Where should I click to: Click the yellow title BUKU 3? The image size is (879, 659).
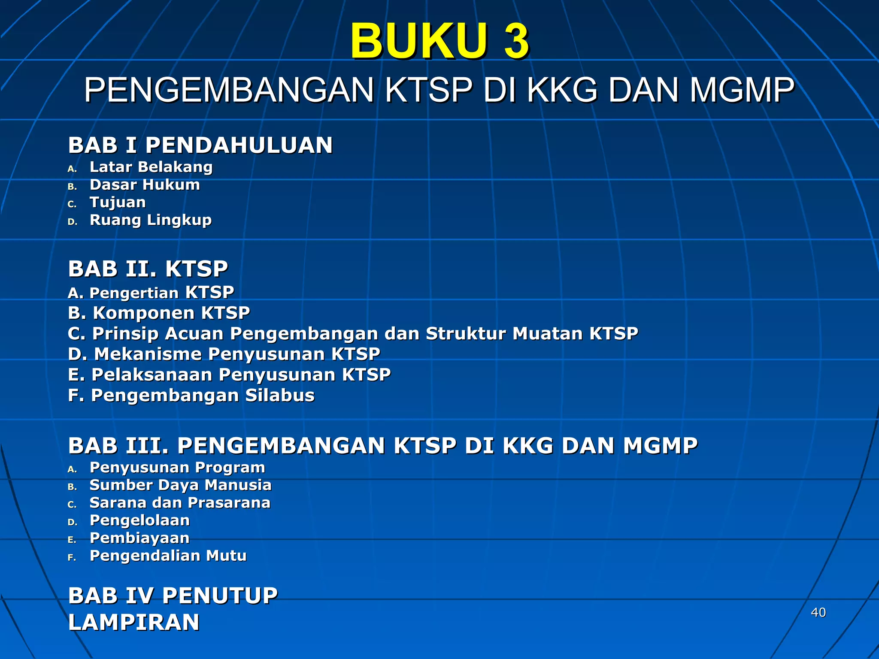point(439,41)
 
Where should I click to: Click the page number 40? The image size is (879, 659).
point(818,612)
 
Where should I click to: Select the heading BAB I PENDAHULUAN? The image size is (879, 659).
point(200,145)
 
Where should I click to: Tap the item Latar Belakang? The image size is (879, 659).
point(151,167)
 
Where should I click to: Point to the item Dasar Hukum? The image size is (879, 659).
point(145,185)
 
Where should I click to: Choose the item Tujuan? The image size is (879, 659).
point(118,203)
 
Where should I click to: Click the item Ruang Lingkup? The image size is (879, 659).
point(151,220)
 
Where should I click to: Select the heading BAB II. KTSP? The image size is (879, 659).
point(148,269)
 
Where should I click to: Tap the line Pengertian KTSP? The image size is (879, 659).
point(151,293)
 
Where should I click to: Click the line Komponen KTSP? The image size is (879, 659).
point(159,313)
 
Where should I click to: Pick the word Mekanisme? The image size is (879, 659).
point(148,354)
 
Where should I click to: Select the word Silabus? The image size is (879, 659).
point(280,395)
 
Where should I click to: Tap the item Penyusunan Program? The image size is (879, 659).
point(177,467)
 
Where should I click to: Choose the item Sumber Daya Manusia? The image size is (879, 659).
point(180,485)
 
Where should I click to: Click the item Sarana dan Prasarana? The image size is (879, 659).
point(180,502)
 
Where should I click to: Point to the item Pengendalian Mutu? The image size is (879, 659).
point(168,556)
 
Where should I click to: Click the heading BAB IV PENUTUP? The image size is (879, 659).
point(173,596)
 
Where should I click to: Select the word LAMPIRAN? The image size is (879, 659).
point(134,622)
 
